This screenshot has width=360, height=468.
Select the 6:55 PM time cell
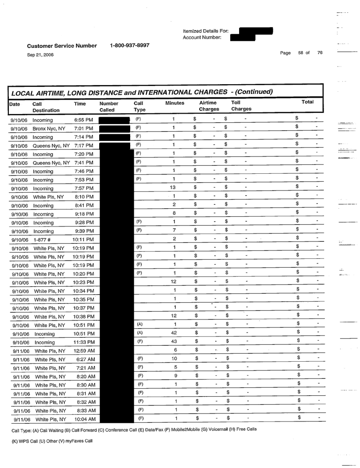coord(83,119)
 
